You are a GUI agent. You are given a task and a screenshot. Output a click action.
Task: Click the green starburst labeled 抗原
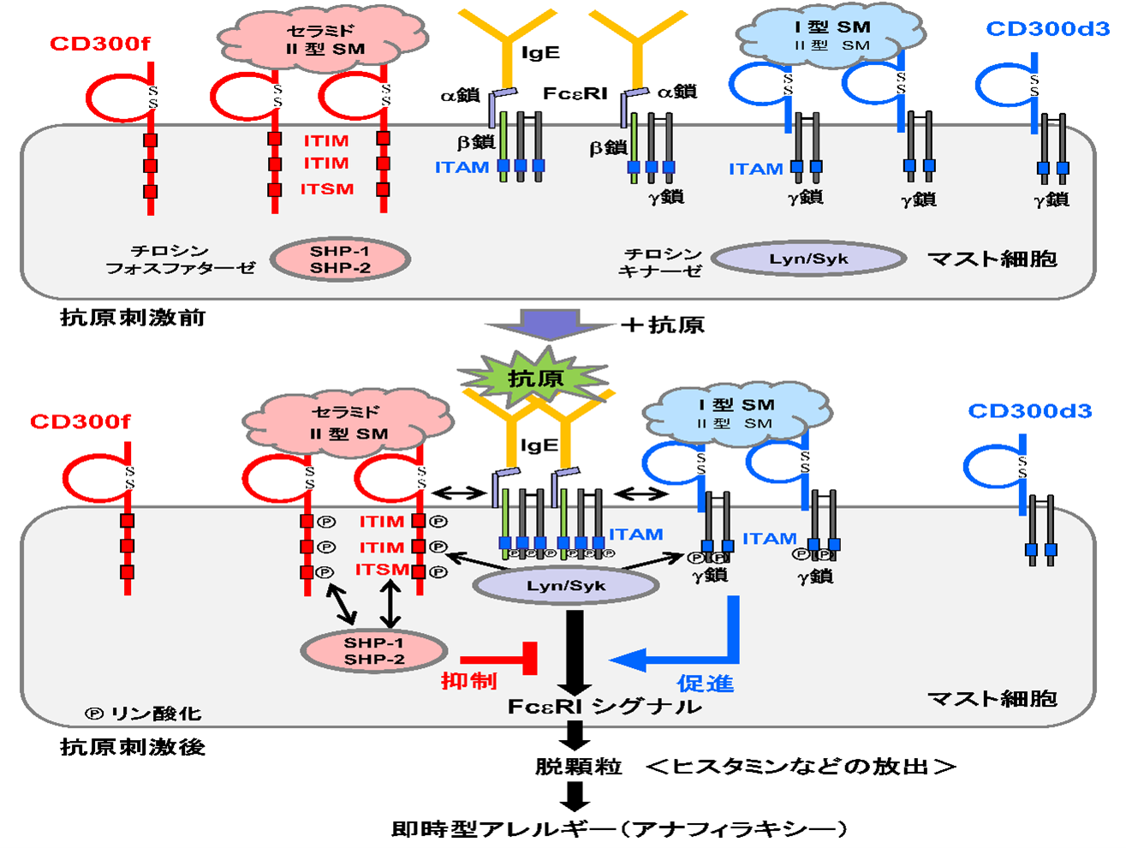534,377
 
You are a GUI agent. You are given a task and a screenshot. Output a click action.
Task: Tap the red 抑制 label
468,681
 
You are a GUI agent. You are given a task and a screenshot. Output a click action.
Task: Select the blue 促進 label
706,683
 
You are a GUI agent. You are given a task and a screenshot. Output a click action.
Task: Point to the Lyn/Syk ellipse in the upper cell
808,259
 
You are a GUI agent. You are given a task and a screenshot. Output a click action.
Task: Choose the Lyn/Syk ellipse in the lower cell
566,586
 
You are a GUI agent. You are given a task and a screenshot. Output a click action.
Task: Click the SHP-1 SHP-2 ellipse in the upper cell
340,260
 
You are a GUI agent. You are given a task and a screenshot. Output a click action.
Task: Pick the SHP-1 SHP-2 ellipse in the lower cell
374,651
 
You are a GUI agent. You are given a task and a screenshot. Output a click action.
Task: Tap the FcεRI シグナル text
605,707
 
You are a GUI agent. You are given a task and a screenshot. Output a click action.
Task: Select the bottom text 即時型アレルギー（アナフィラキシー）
620,828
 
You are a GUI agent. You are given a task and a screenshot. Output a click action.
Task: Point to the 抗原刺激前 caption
133,318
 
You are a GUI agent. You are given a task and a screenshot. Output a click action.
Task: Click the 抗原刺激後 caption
133,747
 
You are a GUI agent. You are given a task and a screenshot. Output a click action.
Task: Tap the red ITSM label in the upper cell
326,189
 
